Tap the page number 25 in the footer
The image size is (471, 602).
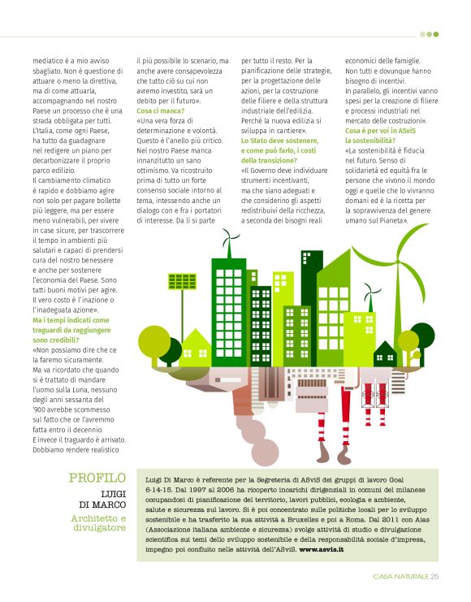[434, 577]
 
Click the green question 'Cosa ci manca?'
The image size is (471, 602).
[161, 110]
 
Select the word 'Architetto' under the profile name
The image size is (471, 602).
[98, 518]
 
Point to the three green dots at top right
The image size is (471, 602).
[430, 34]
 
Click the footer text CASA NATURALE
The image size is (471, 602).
[400, 577]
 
